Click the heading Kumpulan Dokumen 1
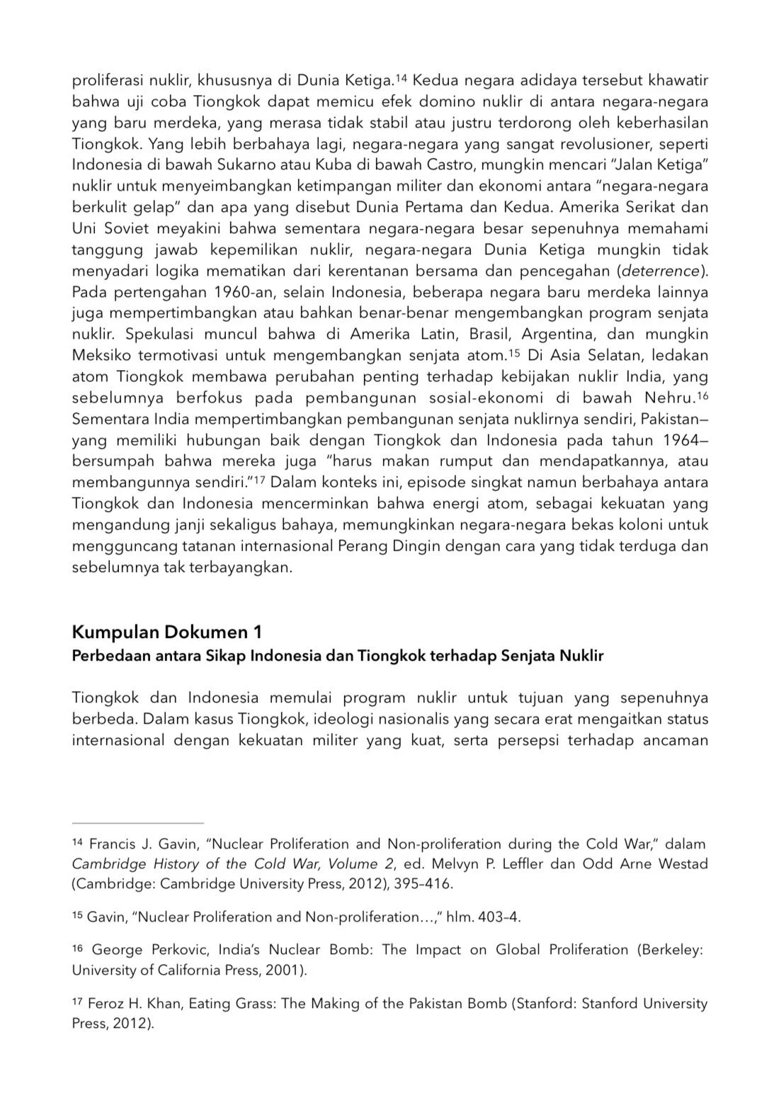[x=167, y=631]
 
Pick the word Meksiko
[x=98, y=355]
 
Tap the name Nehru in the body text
[x=669, y=398]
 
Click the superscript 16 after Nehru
[x=702, y=395]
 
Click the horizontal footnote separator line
[x=137, y=823]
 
